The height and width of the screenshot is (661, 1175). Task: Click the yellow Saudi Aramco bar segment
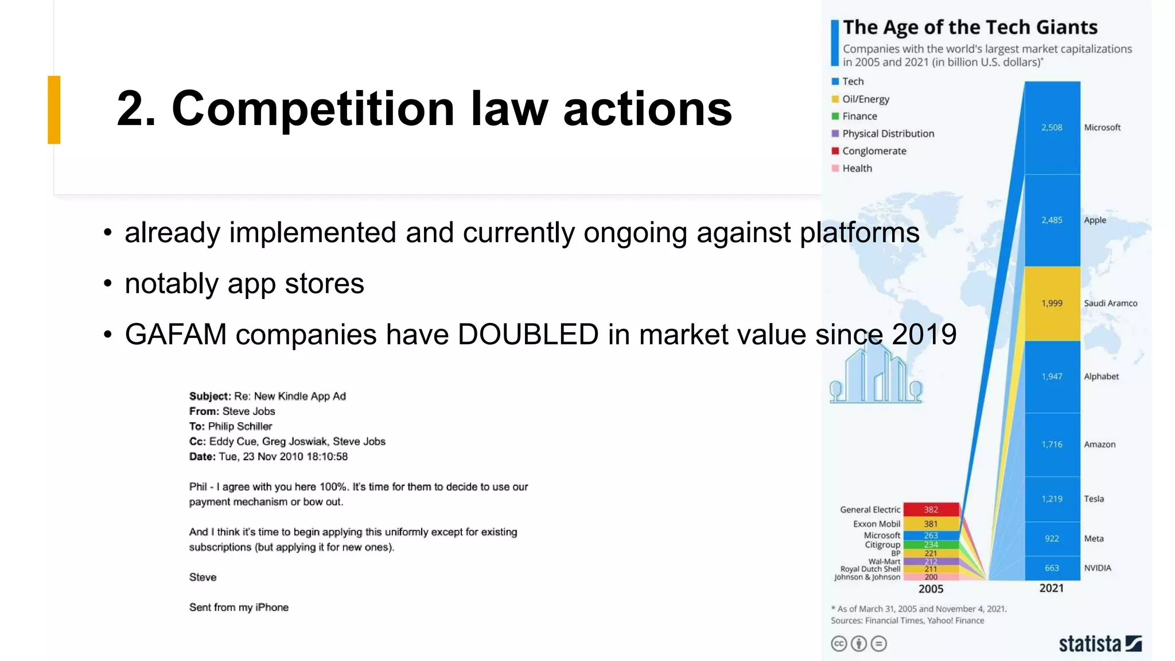click(1052, 303)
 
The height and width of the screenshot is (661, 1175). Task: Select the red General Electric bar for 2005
click(931, 510)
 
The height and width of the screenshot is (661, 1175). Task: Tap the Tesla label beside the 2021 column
click(1094, 499)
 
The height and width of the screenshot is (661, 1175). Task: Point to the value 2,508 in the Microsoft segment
click(1052, 127)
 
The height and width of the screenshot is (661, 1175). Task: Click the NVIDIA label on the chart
click(1098, 568)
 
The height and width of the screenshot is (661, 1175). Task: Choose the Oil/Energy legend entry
click(865, 99)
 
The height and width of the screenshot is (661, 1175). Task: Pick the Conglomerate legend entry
click(874, 151)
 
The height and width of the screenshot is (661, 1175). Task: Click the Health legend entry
click(857, 168)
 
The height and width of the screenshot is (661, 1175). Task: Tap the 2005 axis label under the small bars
click(931, 589)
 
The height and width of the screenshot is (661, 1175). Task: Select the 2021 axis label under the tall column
click(1051, 588)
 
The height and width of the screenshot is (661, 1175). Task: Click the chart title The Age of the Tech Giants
click(970, 28)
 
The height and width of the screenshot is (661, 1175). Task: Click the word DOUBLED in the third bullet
click(528, 335)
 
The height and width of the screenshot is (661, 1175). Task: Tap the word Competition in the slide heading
click(313, 108)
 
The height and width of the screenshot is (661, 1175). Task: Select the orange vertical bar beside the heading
click(54, 110)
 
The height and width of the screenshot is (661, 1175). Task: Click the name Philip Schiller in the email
click(240, 426)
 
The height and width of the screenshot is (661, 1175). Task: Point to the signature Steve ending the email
click(203, 577)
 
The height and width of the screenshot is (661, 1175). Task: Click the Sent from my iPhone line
click(239, 607)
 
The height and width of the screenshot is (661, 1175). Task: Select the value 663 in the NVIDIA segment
click(1052, 568)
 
